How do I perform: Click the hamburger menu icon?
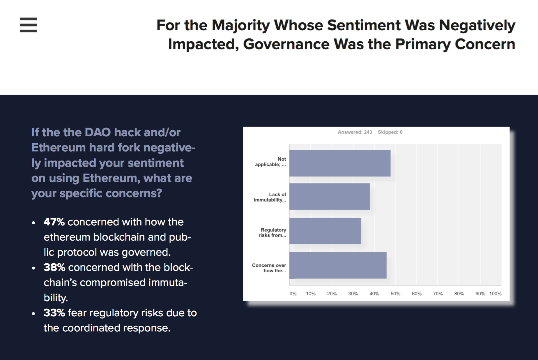coord(28,25)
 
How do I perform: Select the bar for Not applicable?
coord(340,163)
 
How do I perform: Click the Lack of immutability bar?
coord(330,196)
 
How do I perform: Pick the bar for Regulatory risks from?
coord(325,231)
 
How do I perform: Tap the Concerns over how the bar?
coord(338,265)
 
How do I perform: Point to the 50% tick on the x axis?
coord(395,294)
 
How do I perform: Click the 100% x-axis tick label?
coord(495,294)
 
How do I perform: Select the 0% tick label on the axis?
coord(293,294)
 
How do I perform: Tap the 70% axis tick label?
coord(438,294)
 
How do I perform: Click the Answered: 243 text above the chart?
coord(355,132)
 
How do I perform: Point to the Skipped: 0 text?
coord(390,132)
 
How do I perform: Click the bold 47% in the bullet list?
coord(54,222)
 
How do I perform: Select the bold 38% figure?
coord(54,267)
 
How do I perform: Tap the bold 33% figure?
coord(54,313)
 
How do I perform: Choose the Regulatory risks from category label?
coord(272,232)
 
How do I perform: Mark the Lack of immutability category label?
coord(270,197)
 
